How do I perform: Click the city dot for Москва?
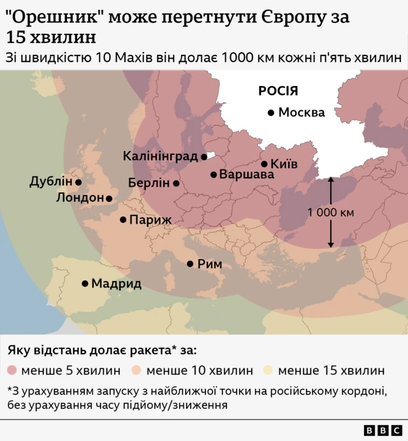point(271,113)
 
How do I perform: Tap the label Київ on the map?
point(284,164)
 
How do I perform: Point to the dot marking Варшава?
point(214,174)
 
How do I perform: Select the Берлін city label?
point(149,183)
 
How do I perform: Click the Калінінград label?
point(161,156)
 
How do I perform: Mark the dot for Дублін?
point(78,182)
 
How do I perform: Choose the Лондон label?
point(80,198)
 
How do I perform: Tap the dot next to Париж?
point(123,220)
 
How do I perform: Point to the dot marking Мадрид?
point(85,284)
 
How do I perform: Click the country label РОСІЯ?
point(279,91)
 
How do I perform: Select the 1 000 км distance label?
point(330,213)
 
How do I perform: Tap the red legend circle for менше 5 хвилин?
point(13,370)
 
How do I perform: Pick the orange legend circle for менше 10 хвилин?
point(138,370)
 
